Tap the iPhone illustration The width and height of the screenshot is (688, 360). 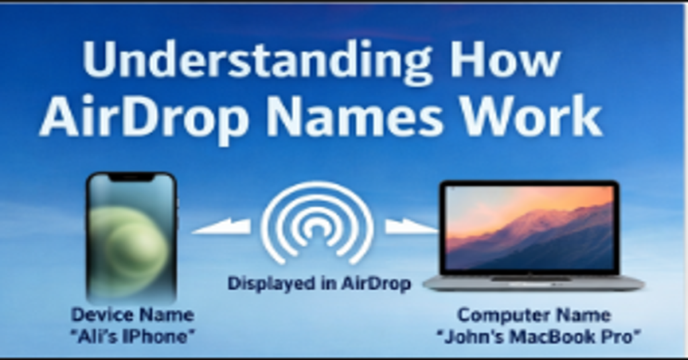coord(132,235)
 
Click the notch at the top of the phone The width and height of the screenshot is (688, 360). coord(132,177)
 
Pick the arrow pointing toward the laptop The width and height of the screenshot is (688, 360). coord(410,227)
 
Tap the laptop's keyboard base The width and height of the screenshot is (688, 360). coord(533,282)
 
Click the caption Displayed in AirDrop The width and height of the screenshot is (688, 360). coord(318,283)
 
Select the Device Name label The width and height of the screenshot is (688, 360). coord(132,314)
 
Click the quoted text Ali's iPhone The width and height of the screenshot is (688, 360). coord(132,336)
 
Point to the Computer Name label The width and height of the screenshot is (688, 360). coord(533,314)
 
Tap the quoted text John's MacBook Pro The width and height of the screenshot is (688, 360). coord(538,336)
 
